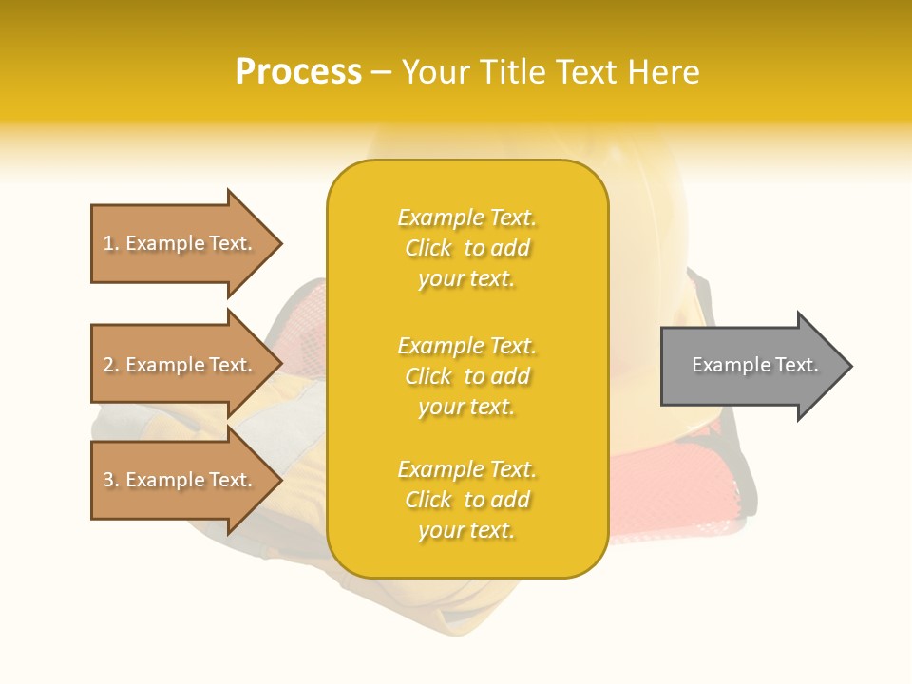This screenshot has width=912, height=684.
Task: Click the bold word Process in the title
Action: click(x=298, y=72)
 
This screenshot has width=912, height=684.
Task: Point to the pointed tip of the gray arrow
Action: click(x=848, y=366)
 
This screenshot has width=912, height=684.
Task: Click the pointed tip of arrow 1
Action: click(x=279, y=244)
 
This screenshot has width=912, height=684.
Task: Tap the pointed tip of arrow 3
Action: click(x=279, y=480)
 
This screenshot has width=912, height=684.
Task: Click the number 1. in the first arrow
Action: click(x=111, y=243)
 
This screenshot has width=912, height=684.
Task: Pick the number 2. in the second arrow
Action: click(x=111, y=365)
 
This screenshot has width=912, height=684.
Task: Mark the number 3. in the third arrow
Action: click(x=111, y=480)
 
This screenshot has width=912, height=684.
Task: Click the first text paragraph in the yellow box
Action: click(x=466, y=248)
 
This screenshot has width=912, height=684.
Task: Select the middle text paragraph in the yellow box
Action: click(x=466, y=376)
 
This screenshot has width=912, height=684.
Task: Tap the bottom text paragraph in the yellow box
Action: click(x=466, y=500)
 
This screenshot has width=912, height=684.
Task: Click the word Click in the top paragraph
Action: click(x=428, y=248)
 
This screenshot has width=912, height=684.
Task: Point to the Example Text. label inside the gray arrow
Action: click(x=754, y=365)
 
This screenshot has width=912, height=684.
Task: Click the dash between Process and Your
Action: click(x=381, y=72)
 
